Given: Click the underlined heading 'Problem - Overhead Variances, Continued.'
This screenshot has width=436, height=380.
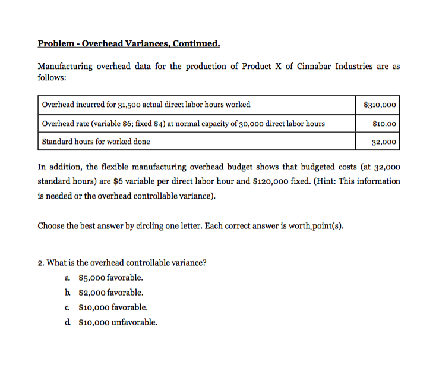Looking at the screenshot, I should [129, 43].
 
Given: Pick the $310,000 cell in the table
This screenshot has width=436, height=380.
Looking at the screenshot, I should [379, 105].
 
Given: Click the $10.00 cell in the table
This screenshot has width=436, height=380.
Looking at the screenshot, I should [383, 123].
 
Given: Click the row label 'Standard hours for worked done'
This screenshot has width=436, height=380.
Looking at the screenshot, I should [96, 142].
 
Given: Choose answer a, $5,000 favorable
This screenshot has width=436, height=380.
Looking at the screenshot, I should [110, 278].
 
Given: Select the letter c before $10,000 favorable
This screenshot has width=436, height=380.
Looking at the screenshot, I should [67, 307].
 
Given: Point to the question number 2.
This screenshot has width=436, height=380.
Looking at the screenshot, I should [40, 263].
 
